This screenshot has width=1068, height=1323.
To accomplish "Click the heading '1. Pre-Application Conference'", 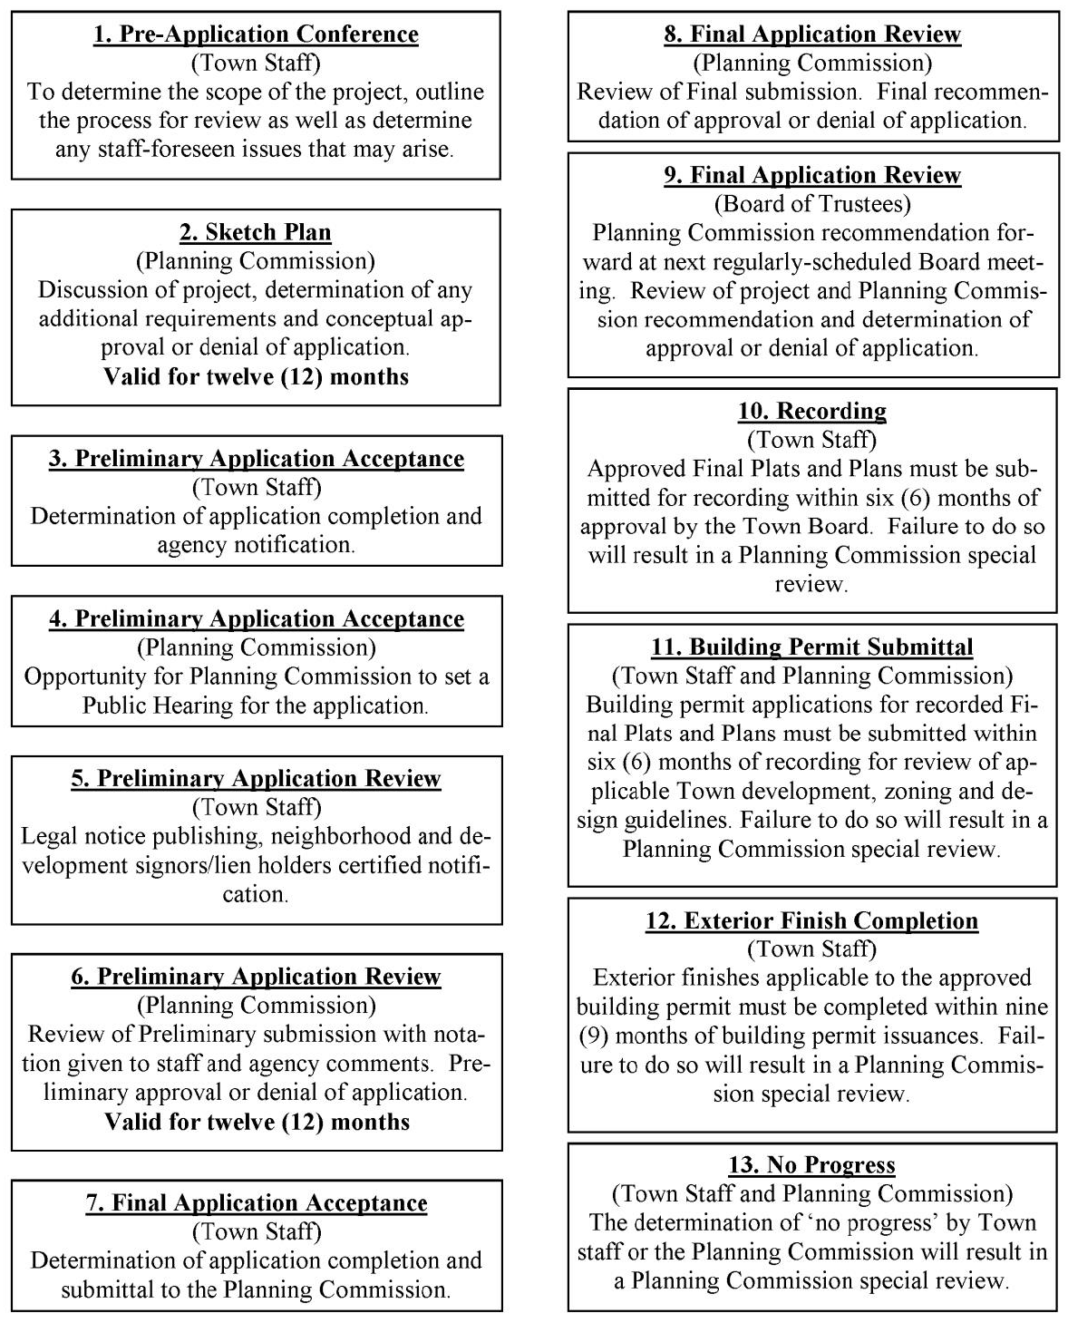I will tap(256, 34).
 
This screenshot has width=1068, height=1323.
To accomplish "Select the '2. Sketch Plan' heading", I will tap(256, 232).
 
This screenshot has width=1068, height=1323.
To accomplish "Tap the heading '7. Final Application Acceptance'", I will tap(257, 1203).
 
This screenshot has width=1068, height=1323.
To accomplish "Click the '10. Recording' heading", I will tap(811, 411).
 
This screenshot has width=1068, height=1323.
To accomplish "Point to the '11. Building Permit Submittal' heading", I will tap(811, 647).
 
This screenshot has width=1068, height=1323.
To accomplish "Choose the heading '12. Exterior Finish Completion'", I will tap(811, 920).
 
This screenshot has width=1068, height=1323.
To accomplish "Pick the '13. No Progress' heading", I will tap(811, 1165).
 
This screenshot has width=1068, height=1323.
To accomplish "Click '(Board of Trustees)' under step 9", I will tap(812, 204).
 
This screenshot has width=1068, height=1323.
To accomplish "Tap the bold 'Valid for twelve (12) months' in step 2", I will tap(257, 376).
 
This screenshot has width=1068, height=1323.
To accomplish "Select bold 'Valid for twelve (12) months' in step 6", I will tap(257, 1122).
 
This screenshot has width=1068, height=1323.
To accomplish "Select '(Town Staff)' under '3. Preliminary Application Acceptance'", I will tap(257, 487).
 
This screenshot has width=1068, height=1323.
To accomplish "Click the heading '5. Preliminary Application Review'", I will tap(256, 779).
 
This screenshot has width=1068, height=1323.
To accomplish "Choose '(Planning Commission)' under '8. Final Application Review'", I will tap(812, 63).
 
